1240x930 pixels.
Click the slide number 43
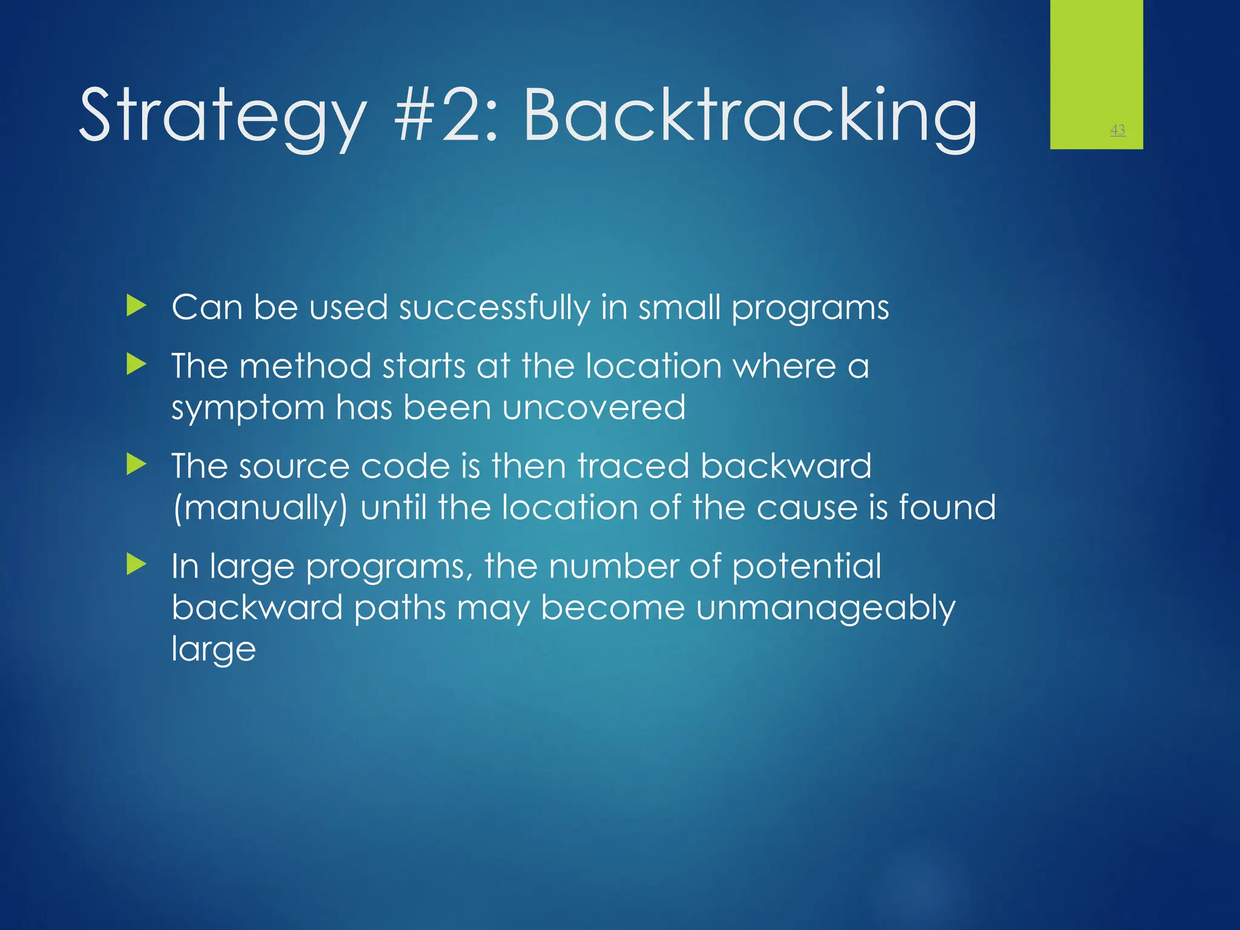pos(1118,130)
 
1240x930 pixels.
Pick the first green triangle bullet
pos(137,306)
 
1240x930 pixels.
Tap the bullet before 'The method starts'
pos(137,365)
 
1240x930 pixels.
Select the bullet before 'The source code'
pos(137,465)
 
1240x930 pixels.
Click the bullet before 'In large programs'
pos(137,566)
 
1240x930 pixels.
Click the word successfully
pos(494,308)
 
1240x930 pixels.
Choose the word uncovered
pos(594,407)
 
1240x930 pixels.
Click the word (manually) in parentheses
pos(260,507)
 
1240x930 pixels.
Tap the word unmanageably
pos(825,608)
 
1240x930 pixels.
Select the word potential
pos(806,567)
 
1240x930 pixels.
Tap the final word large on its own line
pos(214,649)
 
